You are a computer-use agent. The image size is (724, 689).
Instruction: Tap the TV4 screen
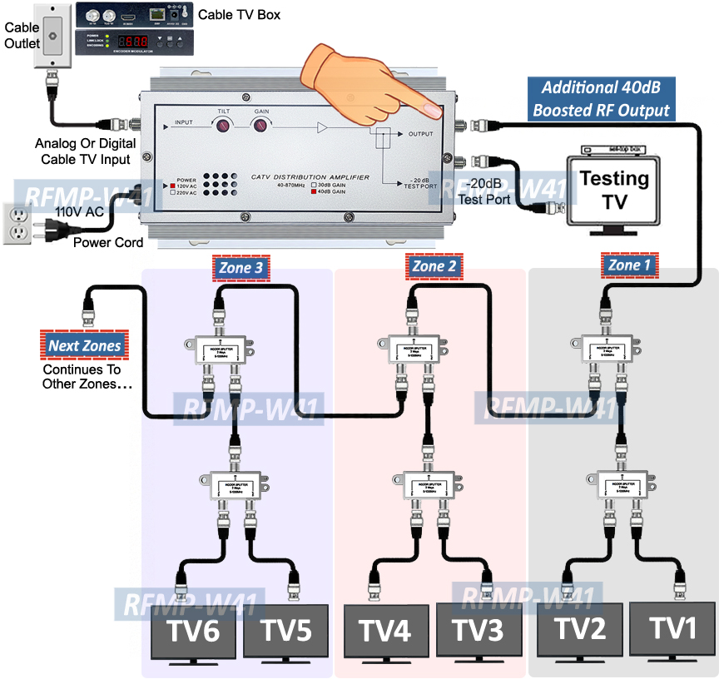click(386, 632)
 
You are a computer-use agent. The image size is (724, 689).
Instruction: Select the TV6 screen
click(193, 632)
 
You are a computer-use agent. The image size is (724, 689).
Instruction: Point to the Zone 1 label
click(629, 265)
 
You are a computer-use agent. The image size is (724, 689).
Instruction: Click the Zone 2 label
click(434, 266)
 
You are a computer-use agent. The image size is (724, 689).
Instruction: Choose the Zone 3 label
click(241, 267)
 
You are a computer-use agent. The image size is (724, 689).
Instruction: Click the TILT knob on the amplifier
click(224, 126)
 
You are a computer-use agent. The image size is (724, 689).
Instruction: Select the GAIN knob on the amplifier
click(262, 126)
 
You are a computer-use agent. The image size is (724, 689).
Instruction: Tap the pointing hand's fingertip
click(433, 109)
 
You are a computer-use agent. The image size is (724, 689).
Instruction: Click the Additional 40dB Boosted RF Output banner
click(601, 98)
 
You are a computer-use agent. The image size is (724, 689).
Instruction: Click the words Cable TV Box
click(240, 14)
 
